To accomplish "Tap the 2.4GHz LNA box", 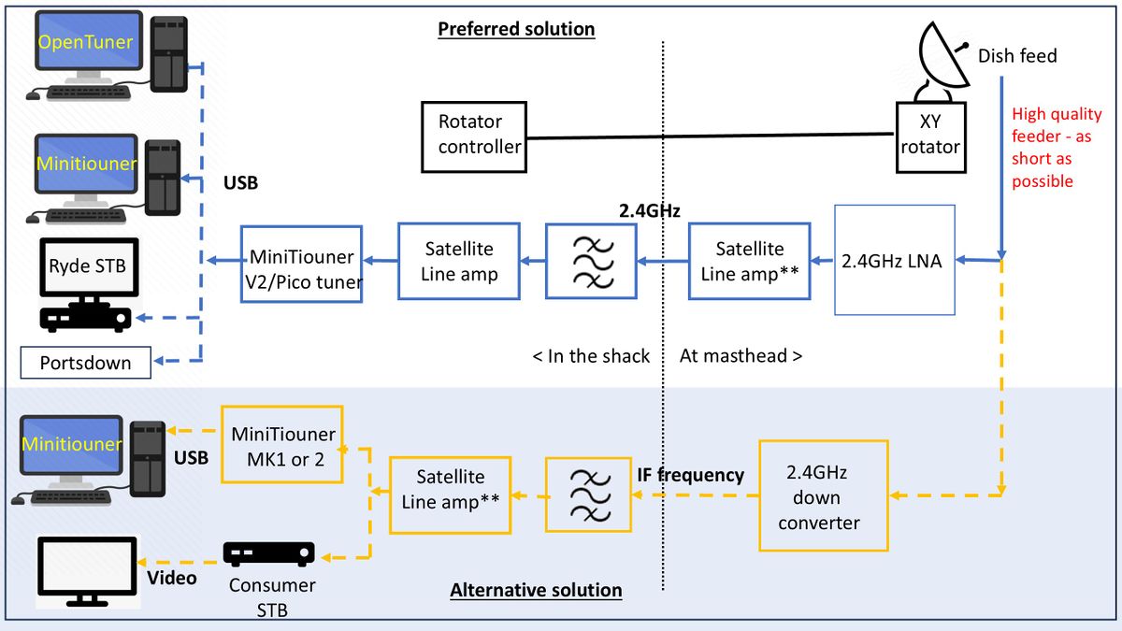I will (895, 262).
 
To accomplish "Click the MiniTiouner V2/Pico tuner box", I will (300, 262).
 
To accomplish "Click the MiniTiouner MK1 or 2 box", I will (282, 444).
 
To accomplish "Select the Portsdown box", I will (86, 362).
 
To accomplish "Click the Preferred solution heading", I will (516, 29).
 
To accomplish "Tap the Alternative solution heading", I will (536, 590).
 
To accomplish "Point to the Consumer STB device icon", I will (268, 554).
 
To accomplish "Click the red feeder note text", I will (1056, 148).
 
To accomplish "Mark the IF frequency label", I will (689, 475).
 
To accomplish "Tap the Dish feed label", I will (1017, 56).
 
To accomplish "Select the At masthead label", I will (740, 355).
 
